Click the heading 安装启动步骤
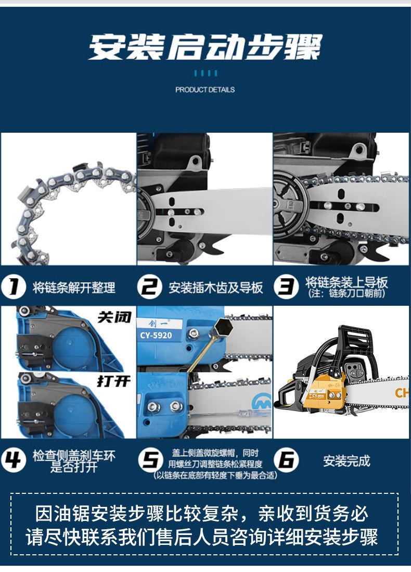[x=205, y=47]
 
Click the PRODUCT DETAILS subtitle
[x=205, y=90]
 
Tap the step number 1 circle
[x=14, y=287]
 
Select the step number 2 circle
[x=150, y=287]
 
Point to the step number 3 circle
[x=286, y=287]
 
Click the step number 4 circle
[x=14, y=459]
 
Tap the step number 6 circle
[x=286, y=459]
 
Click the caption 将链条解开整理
[x=74, y=288]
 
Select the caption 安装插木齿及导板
[x=216, y=288]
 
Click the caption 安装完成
[x=346, y=461]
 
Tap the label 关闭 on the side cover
[x=114, y=317]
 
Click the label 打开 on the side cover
[x=114, y=381]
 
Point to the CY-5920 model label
[x=156, y=335]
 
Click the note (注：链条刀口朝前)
[x=346, y=293]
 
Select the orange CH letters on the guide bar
[x=402, y=393]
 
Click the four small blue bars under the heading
[x=205, y=73]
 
